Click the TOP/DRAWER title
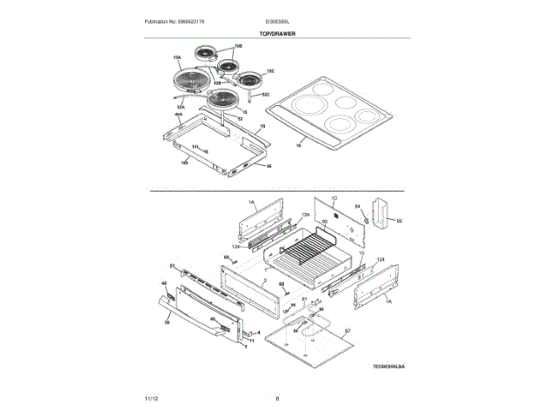277,32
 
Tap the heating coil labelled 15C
251,79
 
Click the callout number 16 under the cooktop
298,146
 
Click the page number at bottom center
276,398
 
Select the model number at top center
277,20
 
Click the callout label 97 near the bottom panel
347,331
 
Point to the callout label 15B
237,46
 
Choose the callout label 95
400,222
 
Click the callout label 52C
267,94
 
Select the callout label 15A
176,58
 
